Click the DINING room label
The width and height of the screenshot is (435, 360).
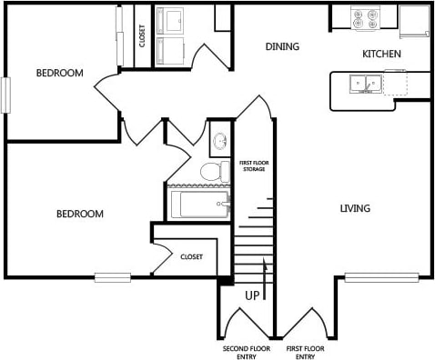pyautogui.click(x=282, y=46)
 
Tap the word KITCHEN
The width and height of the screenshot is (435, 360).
pyautogui.click(x=381, y=55)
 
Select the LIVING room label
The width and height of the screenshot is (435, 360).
pyautogui.click(x=355, y=209)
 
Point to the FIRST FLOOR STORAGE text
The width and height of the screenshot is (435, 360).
pyautogui.click(x=252, y=166)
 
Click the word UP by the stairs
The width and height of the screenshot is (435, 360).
pyautogui.click(x=252, y=295)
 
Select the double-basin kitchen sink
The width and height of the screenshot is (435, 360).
pyautogui.click(x=368, y=84)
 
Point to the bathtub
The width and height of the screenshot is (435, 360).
pyautogui.click(x=199, y=205)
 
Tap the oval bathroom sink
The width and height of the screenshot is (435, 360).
pyautogui.click(x=220, y=142)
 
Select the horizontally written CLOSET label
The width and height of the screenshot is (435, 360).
pyautogui.click(x=191, y=256)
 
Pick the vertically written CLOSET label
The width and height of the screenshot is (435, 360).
pyautogui.click(x=142, y=35)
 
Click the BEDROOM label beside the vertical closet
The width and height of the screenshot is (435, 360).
pyautogui.click(x=59, y=73)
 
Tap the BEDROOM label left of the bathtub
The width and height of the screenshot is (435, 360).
pyautogui.click(x=80, y=215)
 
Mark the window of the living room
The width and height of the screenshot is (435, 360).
pyautogui.click(x=381, y=276)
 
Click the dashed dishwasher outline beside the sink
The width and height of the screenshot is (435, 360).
pyautogui.click(x=395, y=83)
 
